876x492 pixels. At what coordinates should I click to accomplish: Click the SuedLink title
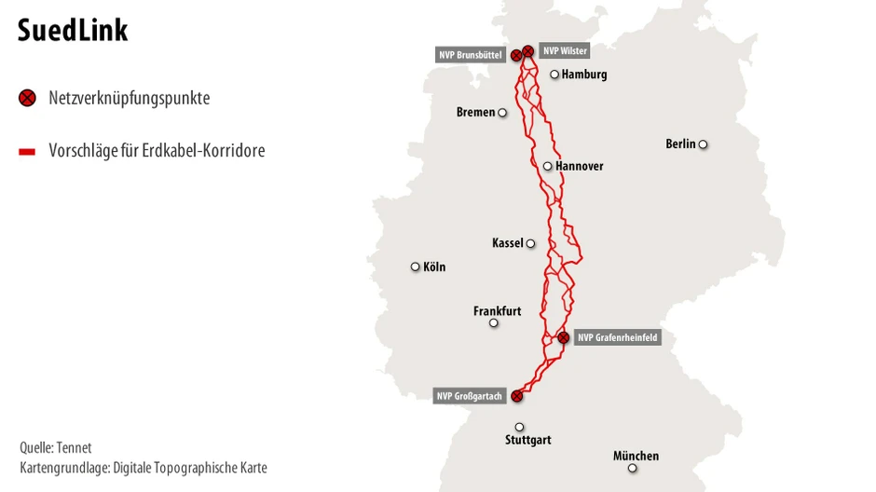point(73,31)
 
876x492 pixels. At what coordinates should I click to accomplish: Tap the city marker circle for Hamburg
point(554,75)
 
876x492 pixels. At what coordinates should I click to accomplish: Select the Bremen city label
point(475,113)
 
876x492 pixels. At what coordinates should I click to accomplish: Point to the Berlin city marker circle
point(703,144)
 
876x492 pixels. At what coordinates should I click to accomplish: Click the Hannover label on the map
point(579,167)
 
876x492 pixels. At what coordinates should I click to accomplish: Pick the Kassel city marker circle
point(530,244)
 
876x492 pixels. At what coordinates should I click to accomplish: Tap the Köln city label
point(434,267)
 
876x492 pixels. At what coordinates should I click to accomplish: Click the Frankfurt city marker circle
point(494,323)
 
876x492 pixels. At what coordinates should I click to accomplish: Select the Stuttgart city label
point(528,440)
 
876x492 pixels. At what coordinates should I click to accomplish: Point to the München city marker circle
point(633,468)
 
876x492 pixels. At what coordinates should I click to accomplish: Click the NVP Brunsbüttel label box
point(471,55)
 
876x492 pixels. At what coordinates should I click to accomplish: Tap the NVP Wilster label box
point(565,50)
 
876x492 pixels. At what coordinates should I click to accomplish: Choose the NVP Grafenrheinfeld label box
point(617,337)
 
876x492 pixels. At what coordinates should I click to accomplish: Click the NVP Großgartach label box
point(469,396)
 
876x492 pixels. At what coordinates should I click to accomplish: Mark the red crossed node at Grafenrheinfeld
point(563,337)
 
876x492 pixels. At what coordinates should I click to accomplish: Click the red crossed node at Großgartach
point(517,396)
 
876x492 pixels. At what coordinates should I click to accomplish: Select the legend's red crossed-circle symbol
point(27,98)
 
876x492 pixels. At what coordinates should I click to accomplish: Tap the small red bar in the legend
point(27,150)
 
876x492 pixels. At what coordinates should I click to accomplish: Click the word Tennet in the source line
point(75,448)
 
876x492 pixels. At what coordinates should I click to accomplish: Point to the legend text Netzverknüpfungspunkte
point(129,98)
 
